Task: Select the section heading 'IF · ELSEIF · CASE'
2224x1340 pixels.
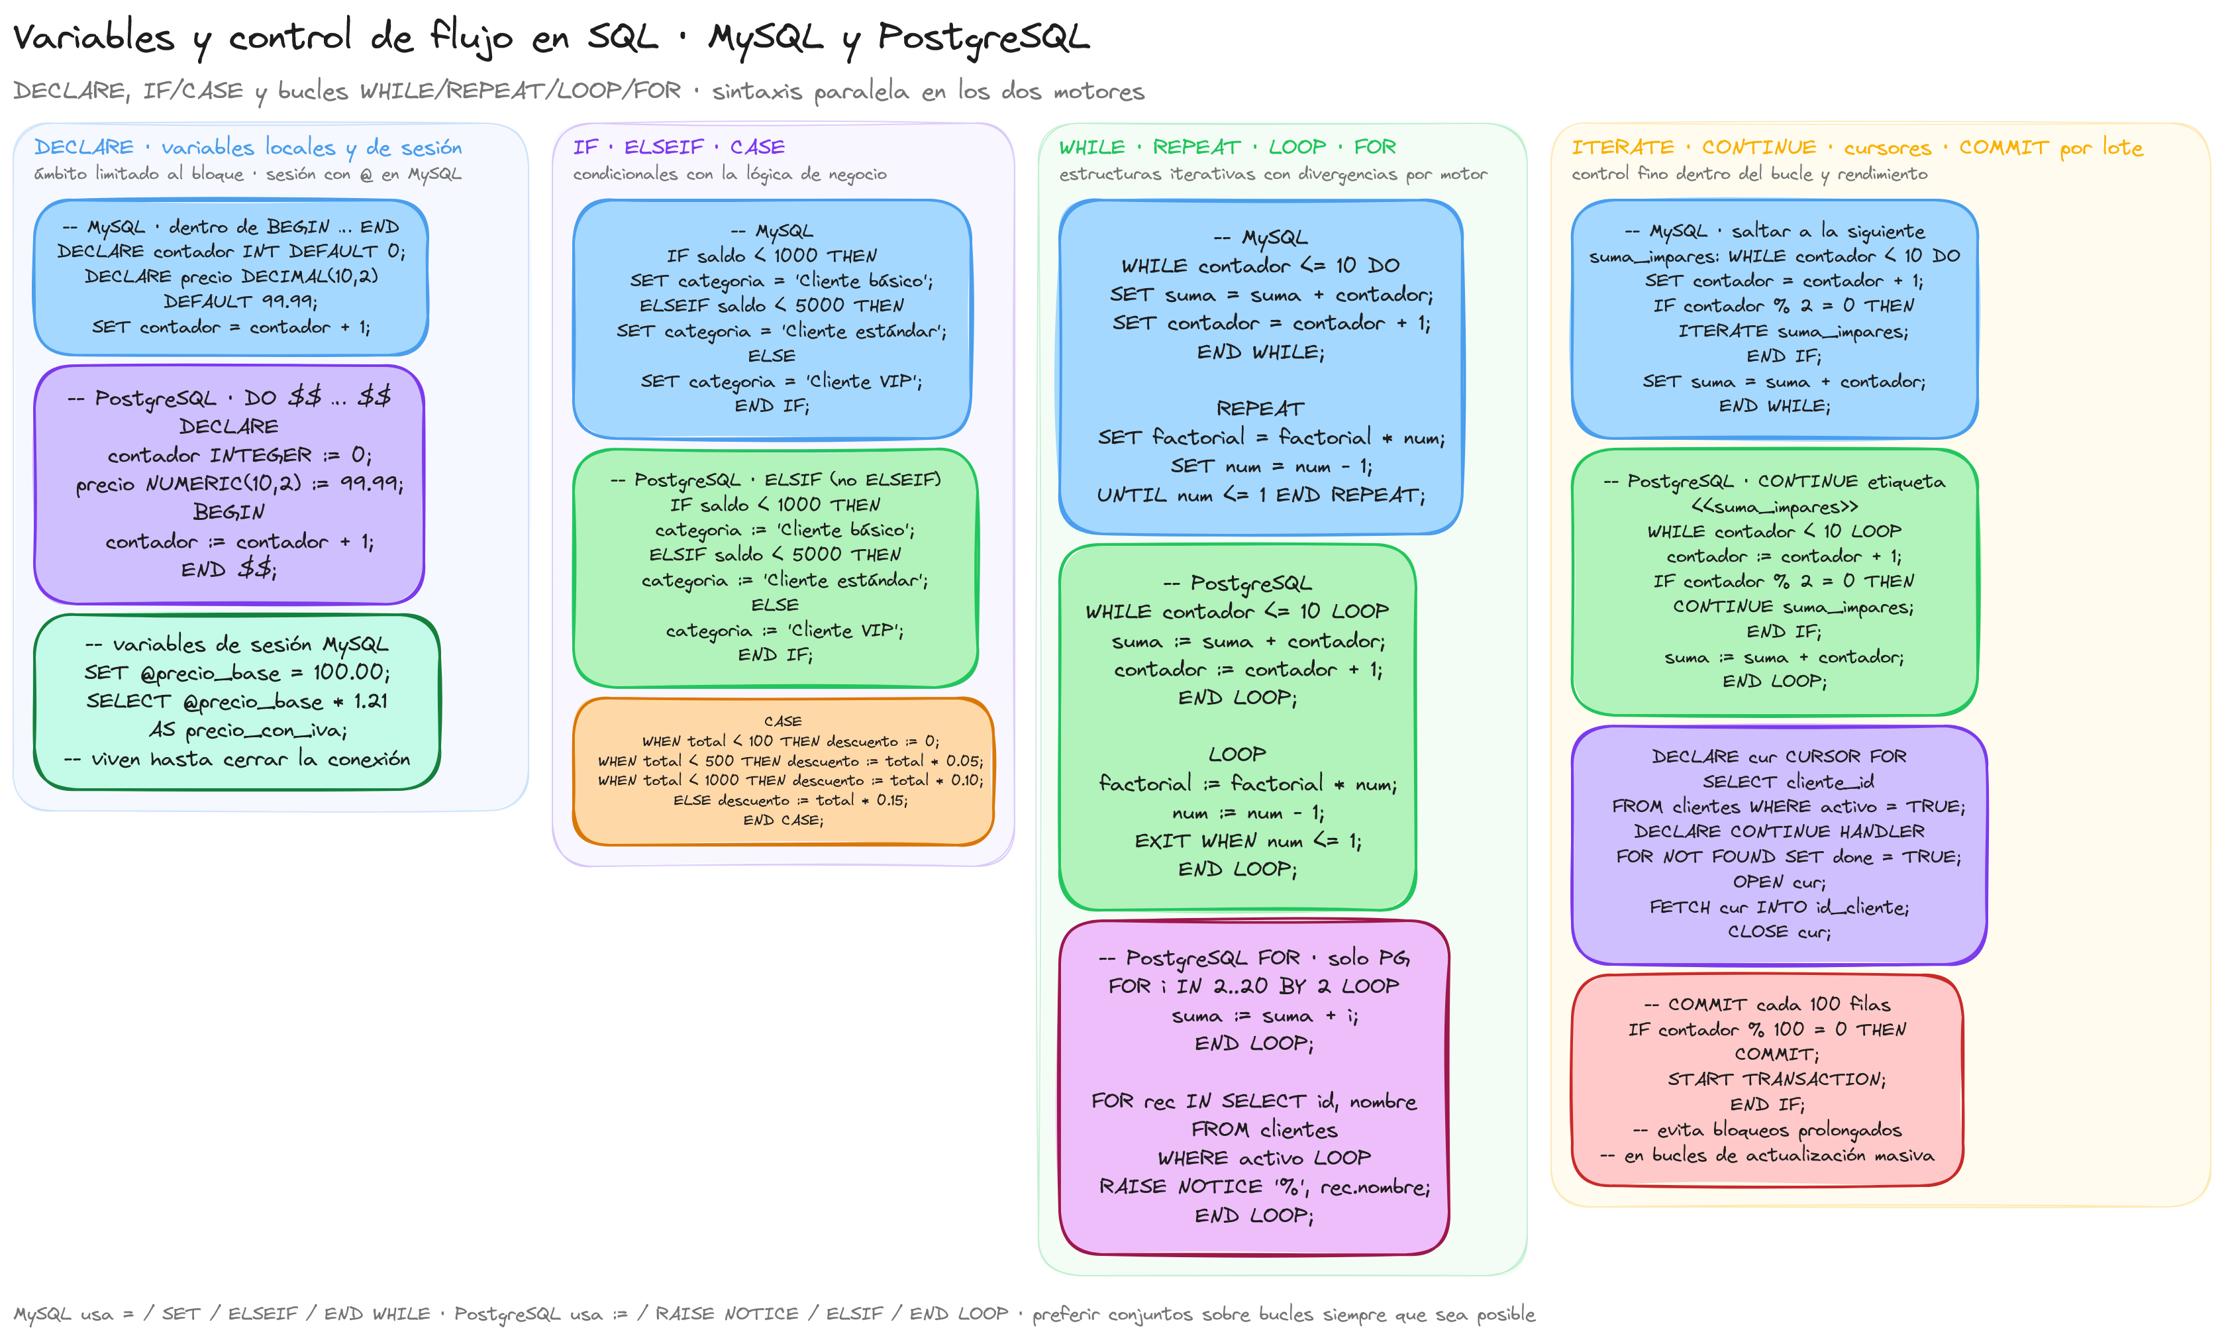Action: (x=679, y=147)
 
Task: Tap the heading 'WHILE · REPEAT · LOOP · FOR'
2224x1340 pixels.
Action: (x=1227, y=147)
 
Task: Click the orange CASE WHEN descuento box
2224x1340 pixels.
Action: (x=783, y=771)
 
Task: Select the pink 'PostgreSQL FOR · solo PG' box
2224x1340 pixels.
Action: (x=1254, y=1087)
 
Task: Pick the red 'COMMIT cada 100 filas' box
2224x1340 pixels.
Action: (x=1767, y=1080)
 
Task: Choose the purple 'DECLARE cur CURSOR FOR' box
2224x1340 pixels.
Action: (x=1779, y=845)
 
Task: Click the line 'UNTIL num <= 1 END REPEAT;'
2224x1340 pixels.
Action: (x=1261, y=495)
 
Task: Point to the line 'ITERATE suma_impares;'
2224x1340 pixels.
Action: (x=1794, y=331)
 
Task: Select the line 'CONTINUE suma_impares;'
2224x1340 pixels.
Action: (x=1793, y=607)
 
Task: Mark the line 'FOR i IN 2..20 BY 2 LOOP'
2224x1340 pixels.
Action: (x=1254, y=986)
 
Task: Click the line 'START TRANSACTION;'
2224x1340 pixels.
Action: (x=1776, y=1079)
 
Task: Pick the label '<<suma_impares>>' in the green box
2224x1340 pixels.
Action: (x=1774, y=507)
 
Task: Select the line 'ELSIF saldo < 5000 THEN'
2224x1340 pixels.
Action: (x=776, y=554)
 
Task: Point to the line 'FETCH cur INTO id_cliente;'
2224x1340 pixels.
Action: (x=1779, y=907)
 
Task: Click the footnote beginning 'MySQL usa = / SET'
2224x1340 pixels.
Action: (x=774, y=1314)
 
